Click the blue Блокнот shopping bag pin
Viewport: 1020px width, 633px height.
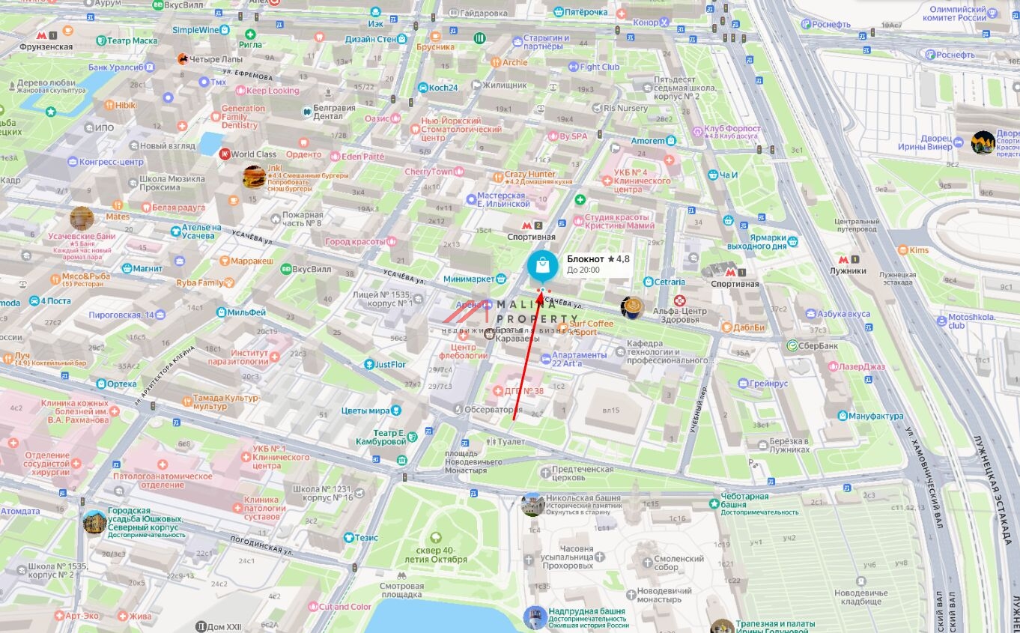(542, 266)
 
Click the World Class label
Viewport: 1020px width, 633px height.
(253, 154)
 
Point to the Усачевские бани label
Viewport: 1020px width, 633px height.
(82, 236)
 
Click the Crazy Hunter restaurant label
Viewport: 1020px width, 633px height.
(529, 175)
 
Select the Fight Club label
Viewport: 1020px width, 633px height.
(599, 67)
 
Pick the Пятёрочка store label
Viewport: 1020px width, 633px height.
(585, 12)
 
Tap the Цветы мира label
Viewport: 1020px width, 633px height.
(365, 411)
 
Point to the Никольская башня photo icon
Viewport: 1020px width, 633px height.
(532, 503)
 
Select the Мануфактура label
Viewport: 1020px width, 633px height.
(875, 416)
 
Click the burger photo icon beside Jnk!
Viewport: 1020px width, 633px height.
(253, 176)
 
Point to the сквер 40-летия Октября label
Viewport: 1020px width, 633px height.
(441, 555)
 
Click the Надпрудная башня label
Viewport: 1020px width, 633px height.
(586, 611)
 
